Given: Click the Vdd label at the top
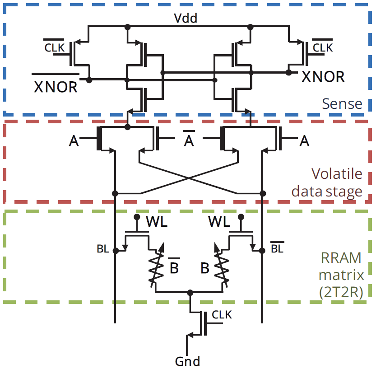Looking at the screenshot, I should (186, 19).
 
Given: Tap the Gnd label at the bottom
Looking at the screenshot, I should (187, 361).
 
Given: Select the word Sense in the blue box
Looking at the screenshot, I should (342, 104).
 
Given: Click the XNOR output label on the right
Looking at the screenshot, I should (323, 77).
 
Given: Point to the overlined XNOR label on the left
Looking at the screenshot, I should (56, 85).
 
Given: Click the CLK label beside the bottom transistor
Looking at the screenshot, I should (222, 314).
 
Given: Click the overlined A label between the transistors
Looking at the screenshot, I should (189, 141).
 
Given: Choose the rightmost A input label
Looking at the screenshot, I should (305, 141).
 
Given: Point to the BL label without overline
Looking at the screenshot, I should (103, 249).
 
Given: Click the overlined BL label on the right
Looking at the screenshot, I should (277, 248).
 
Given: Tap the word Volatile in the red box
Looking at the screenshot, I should (337, 173).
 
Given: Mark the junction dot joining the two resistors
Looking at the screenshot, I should (190, 292).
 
